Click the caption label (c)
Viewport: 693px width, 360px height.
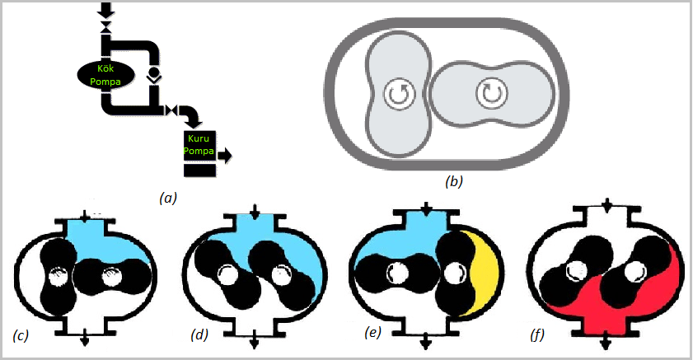click(x=21, y=334)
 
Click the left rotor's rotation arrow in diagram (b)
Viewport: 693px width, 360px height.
click(x=398, y=96)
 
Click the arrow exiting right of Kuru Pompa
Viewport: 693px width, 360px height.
click(x=224, y=154)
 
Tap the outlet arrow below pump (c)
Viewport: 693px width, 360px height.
click(x=86, y=340)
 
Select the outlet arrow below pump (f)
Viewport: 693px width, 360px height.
click(x=606, y=340)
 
